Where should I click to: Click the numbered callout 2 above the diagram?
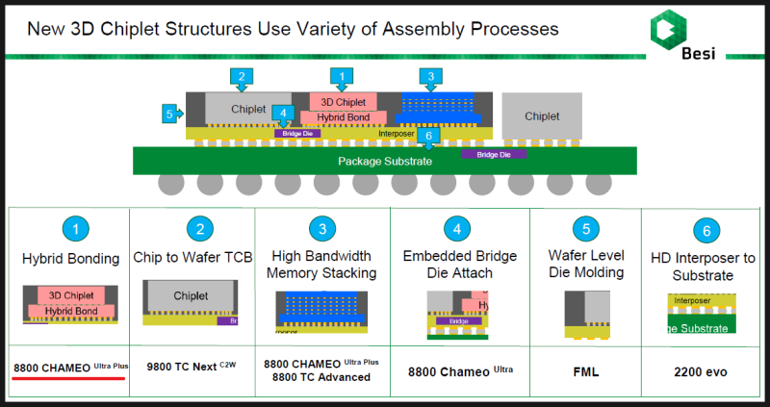(242, 76)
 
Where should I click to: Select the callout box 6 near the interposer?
(430, 137)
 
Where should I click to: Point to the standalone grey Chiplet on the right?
(542, 116)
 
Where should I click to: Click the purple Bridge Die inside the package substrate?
(494, 154)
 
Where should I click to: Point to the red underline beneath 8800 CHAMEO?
(68, 378)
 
